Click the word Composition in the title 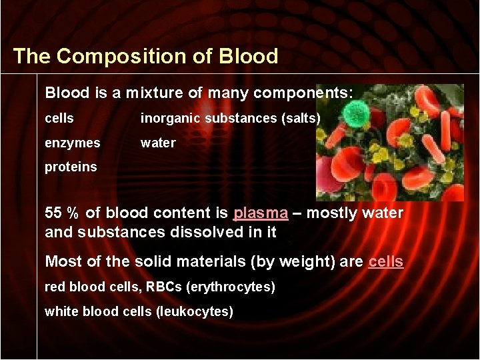tap(138, 56)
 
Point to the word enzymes tap(73, 143)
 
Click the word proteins tap(71, 167)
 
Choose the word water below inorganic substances tap(158, 143)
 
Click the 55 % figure tap(61, 213)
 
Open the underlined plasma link tap(261, 213)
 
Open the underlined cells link tap(385, 261)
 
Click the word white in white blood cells tap(60, 312)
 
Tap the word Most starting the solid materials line tap(61, 261)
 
